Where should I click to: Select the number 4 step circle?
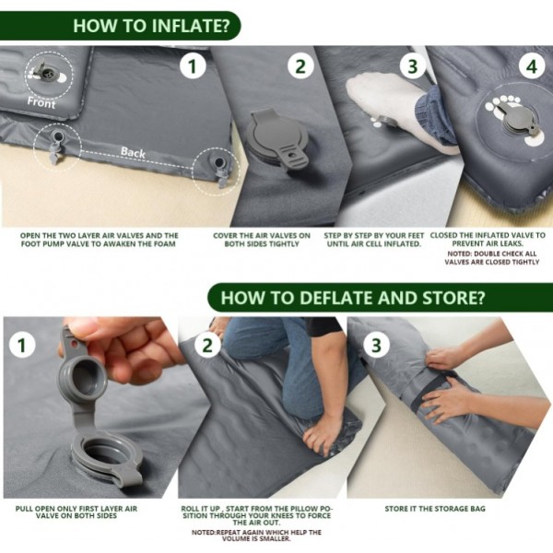click(x=531, y=66)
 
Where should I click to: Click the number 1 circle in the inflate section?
click(x=192, y=66)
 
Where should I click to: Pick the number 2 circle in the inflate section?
click(x=300, y=66)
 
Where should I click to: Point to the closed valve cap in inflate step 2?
click(x=280, y=142)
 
